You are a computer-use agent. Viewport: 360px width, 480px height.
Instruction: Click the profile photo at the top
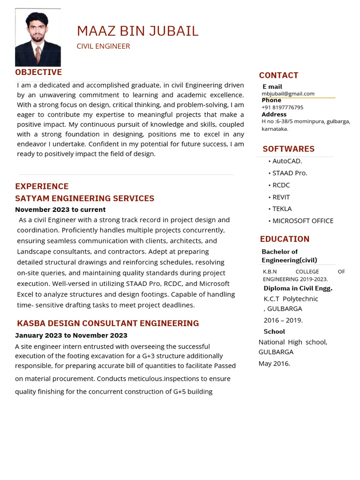[38, 37]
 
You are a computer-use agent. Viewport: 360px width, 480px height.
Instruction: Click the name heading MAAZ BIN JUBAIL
[137, 31]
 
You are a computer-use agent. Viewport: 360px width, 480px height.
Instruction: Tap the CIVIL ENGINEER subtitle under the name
[103, 46]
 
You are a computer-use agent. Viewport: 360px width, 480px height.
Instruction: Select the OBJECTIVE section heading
[38, 72]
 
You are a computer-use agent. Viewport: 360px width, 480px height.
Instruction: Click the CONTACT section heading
[278, 75]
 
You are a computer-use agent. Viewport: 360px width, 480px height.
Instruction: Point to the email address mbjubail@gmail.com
[288, 94]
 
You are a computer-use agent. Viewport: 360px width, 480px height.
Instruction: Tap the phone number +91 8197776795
[282, 107]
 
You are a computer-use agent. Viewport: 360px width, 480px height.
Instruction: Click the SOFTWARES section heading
[288, 149]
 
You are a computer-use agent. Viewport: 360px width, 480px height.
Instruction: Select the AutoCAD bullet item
[287, 161]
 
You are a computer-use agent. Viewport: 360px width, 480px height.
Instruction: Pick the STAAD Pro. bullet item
[290, 173]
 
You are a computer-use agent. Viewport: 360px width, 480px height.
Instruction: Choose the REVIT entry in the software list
[281, 197]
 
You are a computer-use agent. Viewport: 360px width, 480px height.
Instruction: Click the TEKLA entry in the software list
[282, 209]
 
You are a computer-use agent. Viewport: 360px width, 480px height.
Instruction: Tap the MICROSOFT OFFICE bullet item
[303, 221]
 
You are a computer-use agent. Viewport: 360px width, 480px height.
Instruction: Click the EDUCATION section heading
[285, 239]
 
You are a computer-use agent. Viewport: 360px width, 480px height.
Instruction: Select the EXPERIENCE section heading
[42, 187]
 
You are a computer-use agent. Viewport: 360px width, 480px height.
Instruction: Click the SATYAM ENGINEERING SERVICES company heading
[84, 198]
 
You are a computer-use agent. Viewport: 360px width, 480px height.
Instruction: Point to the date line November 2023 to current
[60, 210]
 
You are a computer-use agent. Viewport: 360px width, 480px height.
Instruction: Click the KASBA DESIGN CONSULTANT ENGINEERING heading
[108, 323]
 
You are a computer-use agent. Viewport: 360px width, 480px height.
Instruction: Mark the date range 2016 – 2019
[283, 320]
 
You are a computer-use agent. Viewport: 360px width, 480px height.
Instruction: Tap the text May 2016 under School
[274, 363]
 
